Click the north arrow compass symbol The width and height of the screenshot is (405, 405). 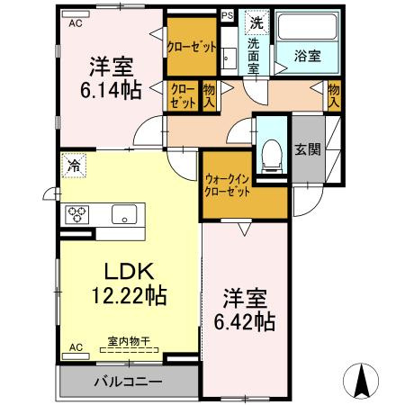361,381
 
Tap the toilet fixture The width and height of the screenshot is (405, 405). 272,157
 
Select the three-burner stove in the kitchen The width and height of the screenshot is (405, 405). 77,214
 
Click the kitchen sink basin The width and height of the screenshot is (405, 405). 124,214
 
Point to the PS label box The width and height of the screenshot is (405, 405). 228,15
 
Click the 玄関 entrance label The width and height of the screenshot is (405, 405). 308,149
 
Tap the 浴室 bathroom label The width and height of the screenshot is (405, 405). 308,56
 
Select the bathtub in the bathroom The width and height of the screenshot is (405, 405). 308,26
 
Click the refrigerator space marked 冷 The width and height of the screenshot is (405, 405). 74,166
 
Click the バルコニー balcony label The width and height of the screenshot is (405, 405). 128,382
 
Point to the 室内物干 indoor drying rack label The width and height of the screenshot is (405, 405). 129,341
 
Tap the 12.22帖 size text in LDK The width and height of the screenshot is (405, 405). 129,295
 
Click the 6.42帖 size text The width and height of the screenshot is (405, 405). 245,321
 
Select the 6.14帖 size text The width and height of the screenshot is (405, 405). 111,90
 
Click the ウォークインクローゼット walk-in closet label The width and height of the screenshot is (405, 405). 227,185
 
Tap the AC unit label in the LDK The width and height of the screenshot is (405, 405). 76,347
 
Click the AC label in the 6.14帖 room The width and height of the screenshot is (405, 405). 76,23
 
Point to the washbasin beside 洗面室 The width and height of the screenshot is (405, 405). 229,58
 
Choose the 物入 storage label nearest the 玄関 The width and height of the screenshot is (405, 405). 334,95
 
